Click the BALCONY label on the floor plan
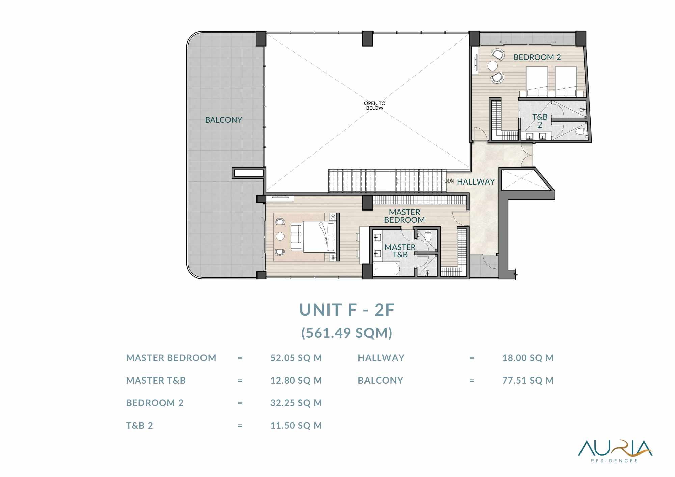coord(223,120)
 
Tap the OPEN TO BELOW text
coord(375,106)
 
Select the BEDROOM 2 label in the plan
coord(537,57)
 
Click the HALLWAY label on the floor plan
coord(476,182)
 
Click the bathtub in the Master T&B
coord(387,269)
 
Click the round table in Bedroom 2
coord(492,65)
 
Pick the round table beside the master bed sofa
coord(280,236)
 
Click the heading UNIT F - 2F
coord(347,310)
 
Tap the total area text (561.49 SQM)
coord(347,333)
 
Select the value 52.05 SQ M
coord(296,358)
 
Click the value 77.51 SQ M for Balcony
coord(528,381)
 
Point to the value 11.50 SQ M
coord(296,426)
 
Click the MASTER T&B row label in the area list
coord(156,381)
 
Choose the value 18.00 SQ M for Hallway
coord(528,358)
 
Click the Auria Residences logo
coord(615,451)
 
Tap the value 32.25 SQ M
coord(296,403)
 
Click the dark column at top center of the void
coord(368,38)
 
